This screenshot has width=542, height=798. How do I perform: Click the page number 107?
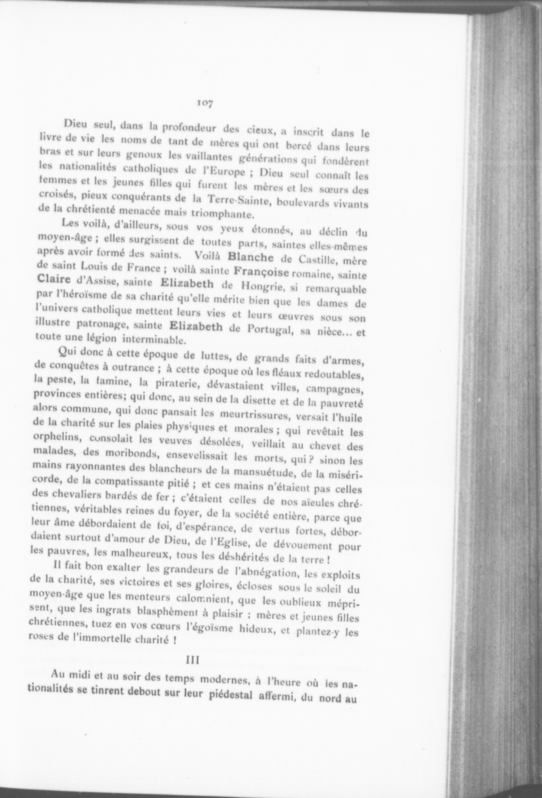pyautogui.click(x=204, y=104)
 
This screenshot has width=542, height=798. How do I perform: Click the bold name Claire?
pyautogui.click(x=54, y=279)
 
